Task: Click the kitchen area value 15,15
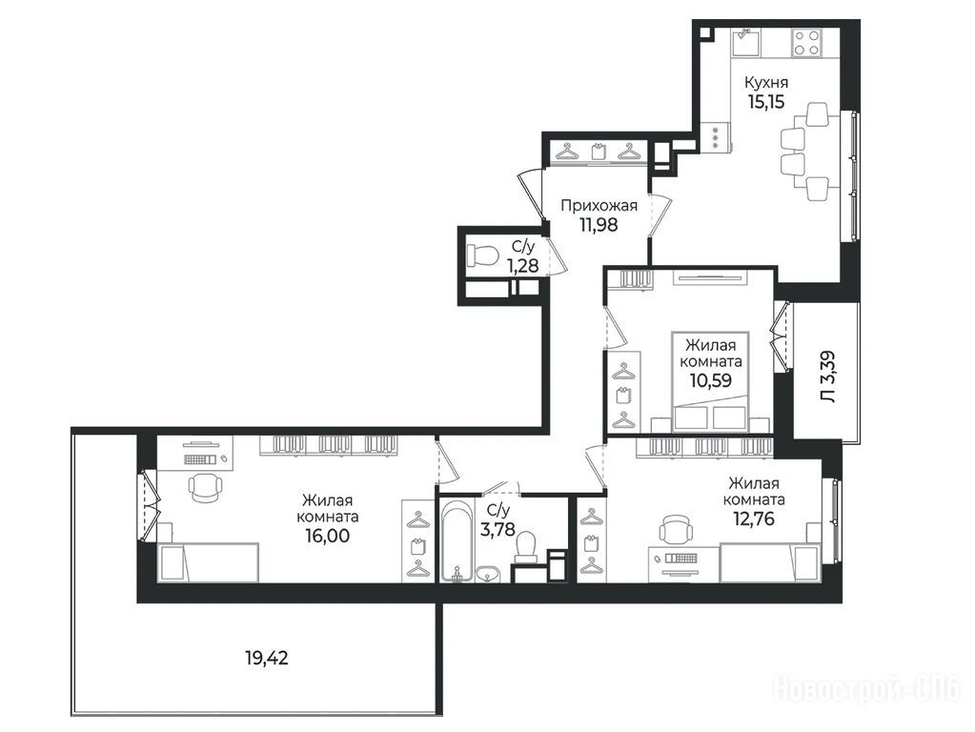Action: [765, 102]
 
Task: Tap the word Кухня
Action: [766, 83]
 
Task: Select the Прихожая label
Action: [599, 206]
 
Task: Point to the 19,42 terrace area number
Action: [267, 658]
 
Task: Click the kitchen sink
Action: [743, 42]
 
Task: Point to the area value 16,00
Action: [327, 535]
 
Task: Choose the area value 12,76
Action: [754, 518]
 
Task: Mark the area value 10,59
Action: [711, 379]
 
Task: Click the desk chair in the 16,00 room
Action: [205, 487]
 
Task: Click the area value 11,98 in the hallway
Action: [599, 225]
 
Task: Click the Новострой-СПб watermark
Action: [866, 689]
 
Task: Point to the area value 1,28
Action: [521, 266]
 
